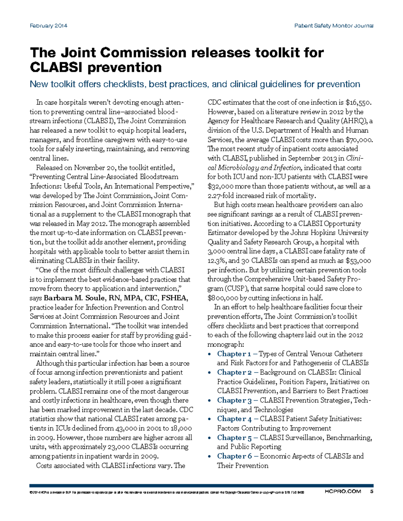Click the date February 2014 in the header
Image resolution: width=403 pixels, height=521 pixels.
tap(48, 25)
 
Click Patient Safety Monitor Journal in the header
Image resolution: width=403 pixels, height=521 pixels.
tap(333, 25)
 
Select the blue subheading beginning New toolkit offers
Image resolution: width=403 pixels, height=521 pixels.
tap(195, 84)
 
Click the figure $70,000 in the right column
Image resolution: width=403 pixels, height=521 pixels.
tap(359, 140)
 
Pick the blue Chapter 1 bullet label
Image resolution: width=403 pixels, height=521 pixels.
tap(234, 354)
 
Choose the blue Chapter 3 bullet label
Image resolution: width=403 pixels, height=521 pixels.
tap(234, 400)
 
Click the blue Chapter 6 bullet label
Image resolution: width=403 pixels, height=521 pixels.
tap(234, 456)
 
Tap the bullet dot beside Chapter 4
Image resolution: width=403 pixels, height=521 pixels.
tap(210, 419)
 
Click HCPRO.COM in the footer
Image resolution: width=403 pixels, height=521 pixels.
tap(343, 491)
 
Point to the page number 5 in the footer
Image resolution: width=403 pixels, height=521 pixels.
tap(371, 491)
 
